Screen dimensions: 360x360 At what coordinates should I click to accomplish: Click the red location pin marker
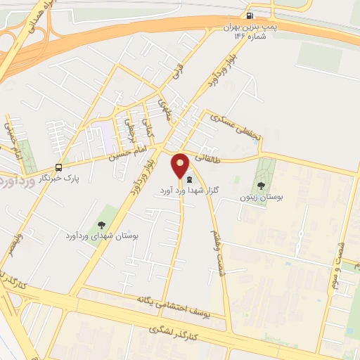181,165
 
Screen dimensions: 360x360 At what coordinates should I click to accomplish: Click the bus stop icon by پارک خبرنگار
59,167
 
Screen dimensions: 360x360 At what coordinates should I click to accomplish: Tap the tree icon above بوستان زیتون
262,186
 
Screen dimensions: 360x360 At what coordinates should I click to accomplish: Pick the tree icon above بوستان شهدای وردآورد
101,225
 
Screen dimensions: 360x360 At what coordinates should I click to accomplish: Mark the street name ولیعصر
15,247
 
